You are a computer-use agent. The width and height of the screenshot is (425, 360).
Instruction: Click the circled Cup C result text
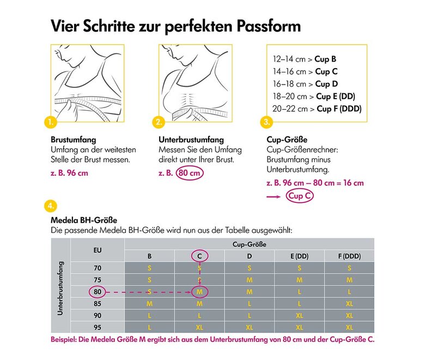[300, 196]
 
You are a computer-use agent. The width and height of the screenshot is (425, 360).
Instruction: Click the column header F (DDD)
[349, 256]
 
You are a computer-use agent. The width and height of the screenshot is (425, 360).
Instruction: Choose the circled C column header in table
[199, 256]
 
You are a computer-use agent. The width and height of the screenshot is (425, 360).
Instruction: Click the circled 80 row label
[98, 292]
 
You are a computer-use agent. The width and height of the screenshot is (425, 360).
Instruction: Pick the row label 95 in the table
[98, 327]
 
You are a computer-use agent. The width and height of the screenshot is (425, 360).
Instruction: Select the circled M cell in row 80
[199, 292]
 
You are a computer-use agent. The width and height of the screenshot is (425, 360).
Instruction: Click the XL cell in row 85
[349, 304]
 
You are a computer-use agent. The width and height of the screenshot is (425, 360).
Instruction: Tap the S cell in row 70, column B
[149, 268]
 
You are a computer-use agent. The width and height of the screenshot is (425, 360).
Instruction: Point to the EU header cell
[98, 250]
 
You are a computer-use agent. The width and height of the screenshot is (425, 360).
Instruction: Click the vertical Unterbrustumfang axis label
[60, 287]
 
